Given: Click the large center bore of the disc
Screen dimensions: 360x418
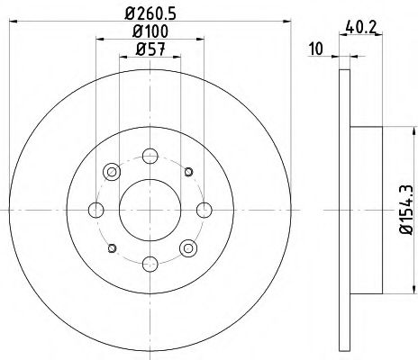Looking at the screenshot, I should coord(150,210).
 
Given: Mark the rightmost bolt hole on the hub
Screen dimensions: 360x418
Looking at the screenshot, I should coord(203,210).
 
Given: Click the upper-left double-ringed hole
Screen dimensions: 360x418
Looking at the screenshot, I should coord(112,172).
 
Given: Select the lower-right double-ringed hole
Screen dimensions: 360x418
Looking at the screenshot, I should coord(187,247).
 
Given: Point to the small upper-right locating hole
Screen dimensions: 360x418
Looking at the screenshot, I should coord(187,172).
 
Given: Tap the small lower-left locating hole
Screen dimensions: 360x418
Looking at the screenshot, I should coord(112,247).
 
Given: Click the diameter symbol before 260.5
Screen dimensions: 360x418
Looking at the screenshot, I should coord(131,13).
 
